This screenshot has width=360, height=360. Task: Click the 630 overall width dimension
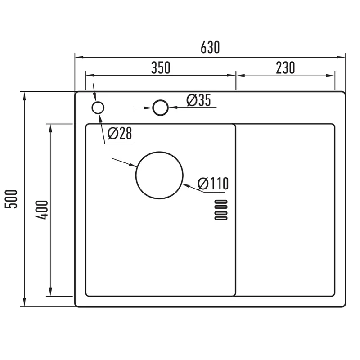point(210,47)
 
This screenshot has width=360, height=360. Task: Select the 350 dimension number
point(161,68)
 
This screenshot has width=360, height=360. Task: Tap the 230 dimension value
point(285,68)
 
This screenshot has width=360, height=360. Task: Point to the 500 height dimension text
point(11,199)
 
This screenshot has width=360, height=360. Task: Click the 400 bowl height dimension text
point(42,210)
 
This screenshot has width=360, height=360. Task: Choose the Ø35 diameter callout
point(198,100)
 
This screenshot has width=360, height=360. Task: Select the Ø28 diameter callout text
point(120,133)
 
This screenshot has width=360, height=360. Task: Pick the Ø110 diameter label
point(213,183)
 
